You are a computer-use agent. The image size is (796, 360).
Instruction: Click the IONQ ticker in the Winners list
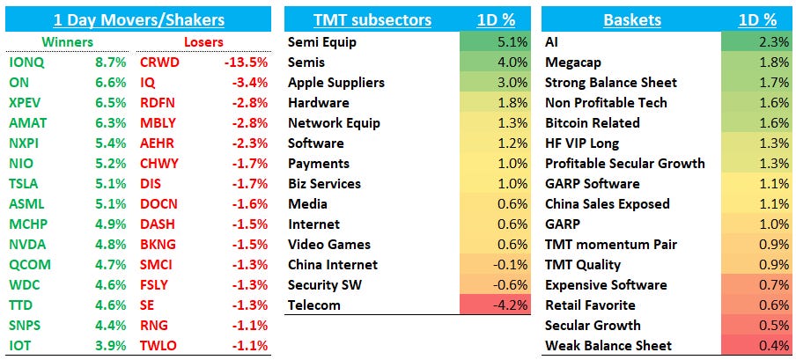point(26,62)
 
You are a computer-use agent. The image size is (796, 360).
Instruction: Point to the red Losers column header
point(203,41)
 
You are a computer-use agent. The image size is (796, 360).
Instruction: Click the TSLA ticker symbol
point(25,184)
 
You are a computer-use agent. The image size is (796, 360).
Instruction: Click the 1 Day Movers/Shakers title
point(138,19)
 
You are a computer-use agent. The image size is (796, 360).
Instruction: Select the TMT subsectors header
point(372,19)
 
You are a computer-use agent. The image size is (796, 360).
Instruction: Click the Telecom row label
point(313,305)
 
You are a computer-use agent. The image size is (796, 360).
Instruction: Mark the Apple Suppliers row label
point(335,82)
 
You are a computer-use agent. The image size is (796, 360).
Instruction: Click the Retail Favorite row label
point(590,305)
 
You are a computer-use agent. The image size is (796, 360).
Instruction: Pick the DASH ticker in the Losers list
point(157,224)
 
